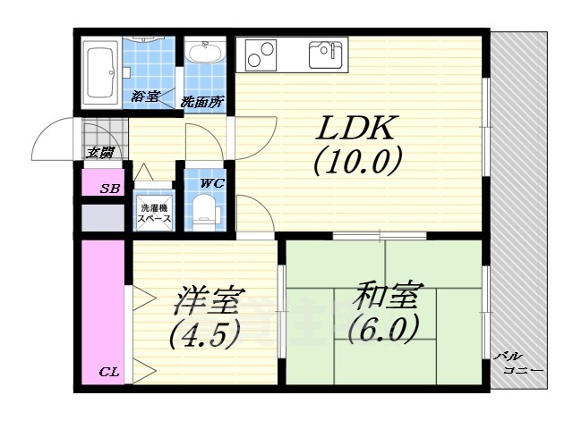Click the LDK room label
[x=354, y=130]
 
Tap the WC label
[x=211, y=183]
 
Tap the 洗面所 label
[x=201, y=102]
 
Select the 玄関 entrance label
[x=100, y=153]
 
